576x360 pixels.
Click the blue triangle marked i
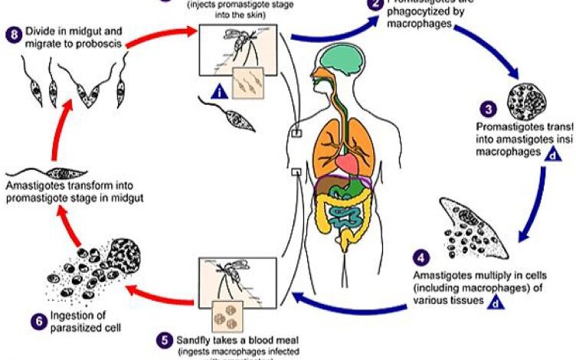(x=220, y=93)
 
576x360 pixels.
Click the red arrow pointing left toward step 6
(x=154, y=289)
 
